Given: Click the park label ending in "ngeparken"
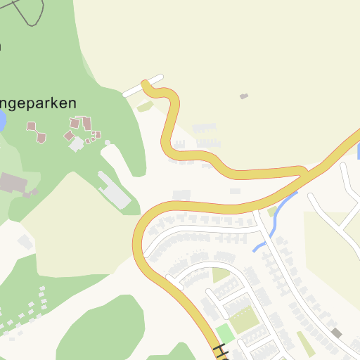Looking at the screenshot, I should pos(38,103).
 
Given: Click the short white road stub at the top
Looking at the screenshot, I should pos(143,85).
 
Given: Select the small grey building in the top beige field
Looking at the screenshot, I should pos(244,96).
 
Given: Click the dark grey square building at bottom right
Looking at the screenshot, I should pos(337,332).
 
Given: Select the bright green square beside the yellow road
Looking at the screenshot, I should pos(224,333).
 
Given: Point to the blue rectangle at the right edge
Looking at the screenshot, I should pos(359,150).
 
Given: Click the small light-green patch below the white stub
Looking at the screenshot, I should pos(146,106).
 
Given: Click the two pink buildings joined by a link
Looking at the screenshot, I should pos(37,132).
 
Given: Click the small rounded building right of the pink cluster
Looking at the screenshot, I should pos(108,143).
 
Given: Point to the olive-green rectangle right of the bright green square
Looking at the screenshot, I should pos(245,321).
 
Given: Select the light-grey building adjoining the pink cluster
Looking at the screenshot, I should pos(76,144).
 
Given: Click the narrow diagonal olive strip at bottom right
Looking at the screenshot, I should pos(305,342).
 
